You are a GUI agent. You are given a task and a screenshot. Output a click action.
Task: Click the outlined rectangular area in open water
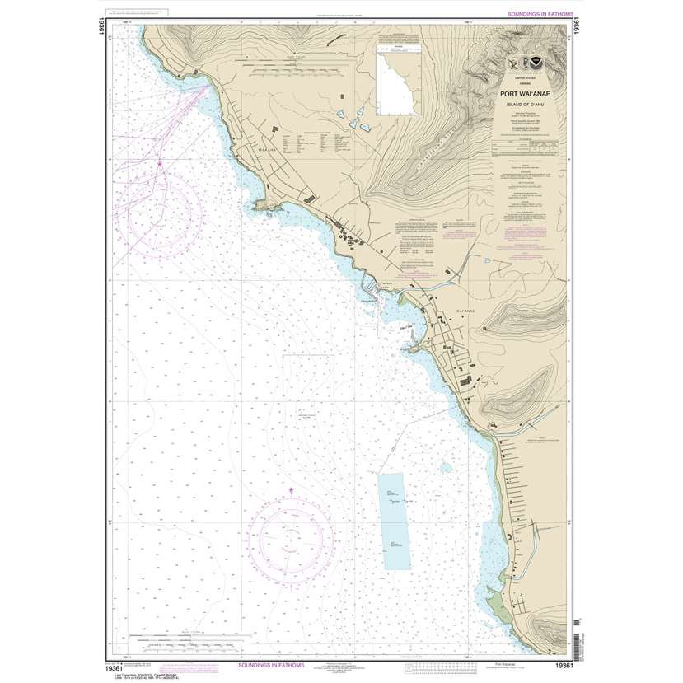pyautogui.click(x=308, y=412)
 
